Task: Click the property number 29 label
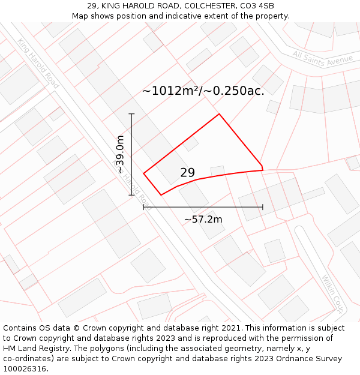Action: (187, 173)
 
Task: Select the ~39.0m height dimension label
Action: (120, 154)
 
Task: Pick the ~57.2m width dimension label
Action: (203, 220)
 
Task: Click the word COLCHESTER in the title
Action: (203, 6)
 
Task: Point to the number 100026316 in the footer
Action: (23, 369)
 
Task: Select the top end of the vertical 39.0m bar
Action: (132, 113)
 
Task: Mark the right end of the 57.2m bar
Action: (263, 208)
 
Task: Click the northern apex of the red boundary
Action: (219, 114)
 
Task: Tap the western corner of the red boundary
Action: (144, 173)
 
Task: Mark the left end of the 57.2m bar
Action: (143, 208)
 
